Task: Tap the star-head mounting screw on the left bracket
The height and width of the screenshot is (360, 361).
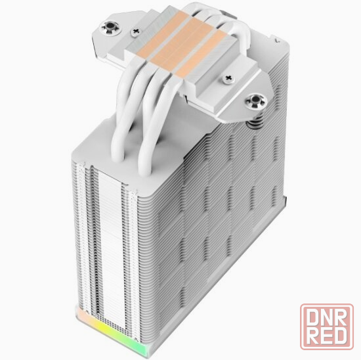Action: pyautogui.click(x=109, y=28)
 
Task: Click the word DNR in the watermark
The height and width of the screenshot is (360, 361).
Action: pyautogui.click(x=326, y=318)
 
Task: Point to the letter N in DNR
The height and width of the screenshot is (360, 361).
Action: pyautogui.click(x=326, y=318)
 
